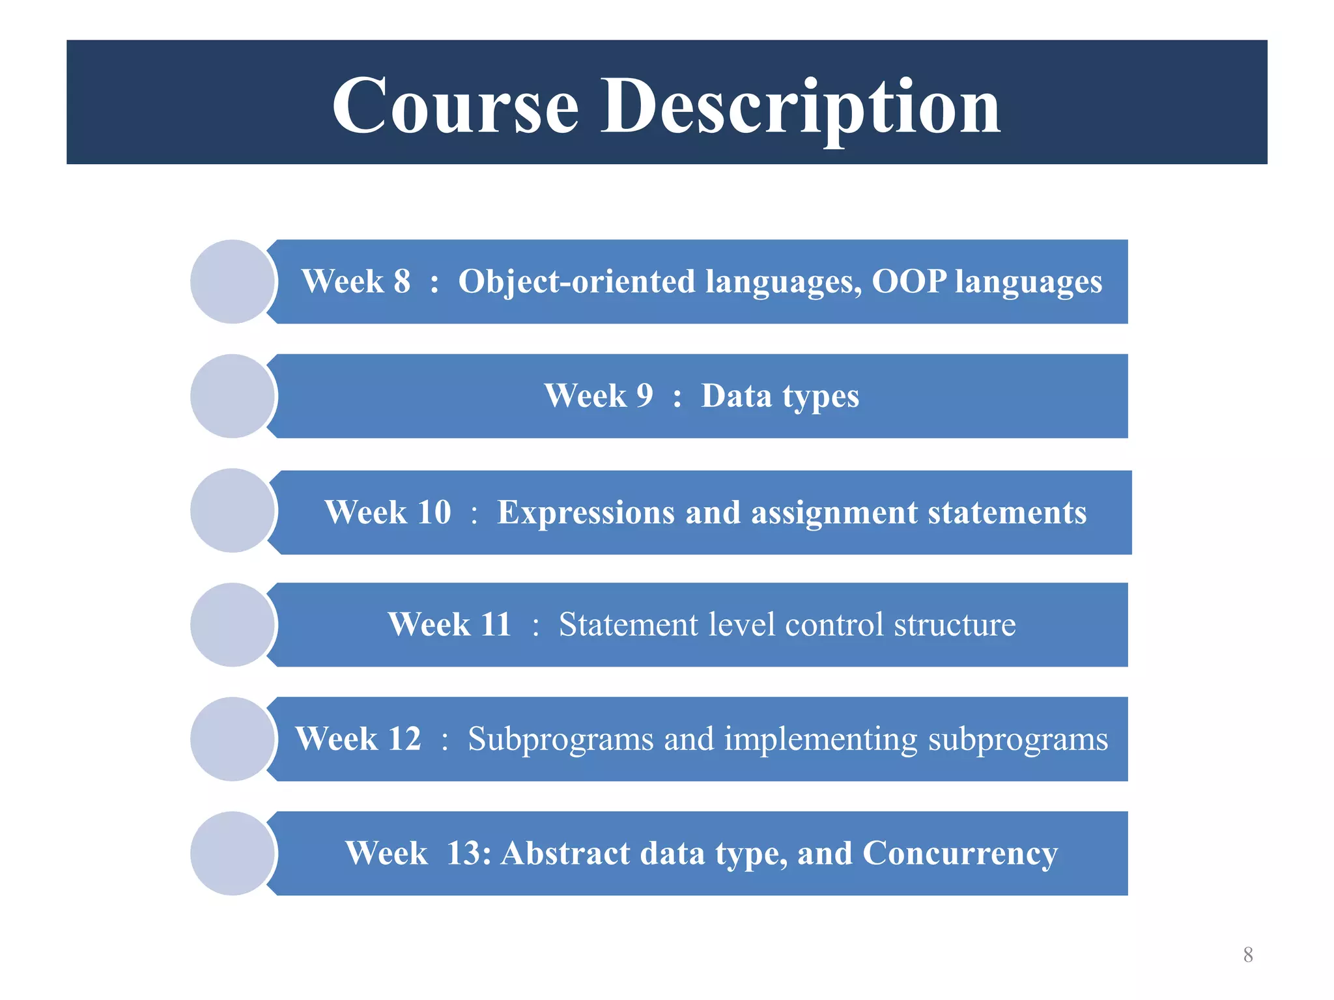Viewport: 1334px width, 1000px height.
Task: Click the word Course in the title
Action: [455, 106]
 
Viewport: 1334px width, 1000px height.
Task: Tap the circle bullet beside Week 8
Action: [233, 281]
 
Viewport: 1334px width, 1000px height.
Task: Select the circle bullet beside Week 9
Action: [233, 396]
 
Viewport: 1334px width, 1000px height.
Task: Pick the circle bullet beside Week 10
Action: [233, 510]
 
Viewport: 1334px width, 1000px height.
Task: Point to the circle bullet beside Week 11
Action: [233, 624]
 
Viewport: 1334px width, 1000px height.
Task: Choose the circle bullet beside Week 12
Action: [233, 739]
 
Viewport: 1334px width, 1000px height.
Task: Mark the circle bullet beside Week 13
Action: [233, 854]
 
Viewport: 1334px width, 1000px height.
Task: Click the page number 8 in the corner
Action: [1248, 954]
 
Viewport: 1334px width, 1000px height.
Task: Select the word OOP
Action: [909, 282]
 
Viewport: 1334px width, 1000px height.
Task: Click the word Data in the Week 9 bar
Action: [736, 396]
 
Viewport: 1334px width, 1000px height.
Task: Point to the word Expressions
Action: [586, 512]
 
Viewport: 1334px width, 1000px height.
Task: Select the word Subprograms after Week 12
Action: [560, 740]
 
